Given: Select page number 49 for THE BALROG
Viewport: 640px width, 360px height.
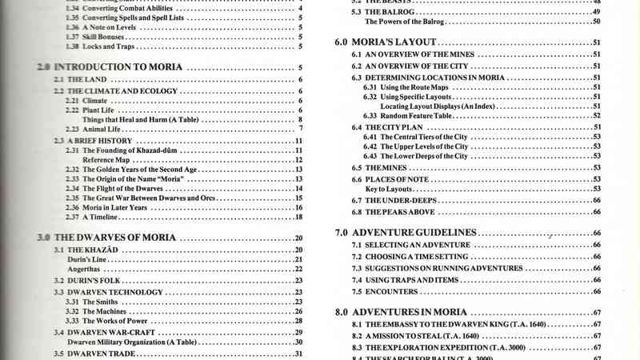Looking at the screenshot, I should tap(597, 13).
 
